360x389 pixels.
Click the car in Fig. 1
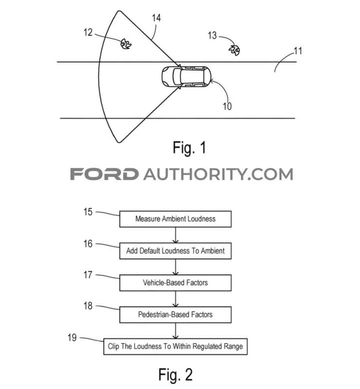pyautogui.click(x=186, y=76)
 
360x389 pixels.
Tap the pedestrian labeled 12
pyautogui.click(x=126, y=44)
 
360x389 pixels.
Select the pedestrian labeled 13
pyautogui.click(x=234, y=50)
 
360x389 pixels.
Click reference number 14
pyautogui.click(x=156, y=18)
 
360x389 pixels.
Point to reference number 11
pyautogui.click(x=298, y=51)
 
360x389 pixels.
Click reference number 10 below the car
pyautogui.click(x=227, y=106)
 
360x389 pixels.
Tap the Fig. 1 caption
pyautogui.click(x=189, y=148)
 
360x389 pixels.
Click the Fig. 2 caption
pyautogui.click(x=175, y=375)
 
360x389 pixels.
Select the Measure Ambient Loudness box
pyautogui.click(x=175, y=219)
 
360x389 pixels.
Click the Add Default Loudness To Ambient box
pyautogui.click(x=175, y=251)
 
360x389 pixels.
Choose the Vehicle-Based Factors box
pyautogui.click(x=175, y=282)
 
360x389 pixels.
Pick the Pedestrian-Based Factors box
pyautogui.click(x=175, y=314)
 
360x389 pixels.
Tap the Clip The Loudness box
pyautogui.click(x=175, y=346)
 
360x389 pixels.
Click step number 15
pyautogui.click(x=88, y=212)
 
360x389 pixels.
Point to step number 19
pyautogui.click(x=72, y=337)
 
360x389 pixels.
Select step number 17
pyautogui.click(x=88, y=275)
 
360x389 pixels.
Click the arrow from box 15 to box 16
pyautogui.click(x=175, y=235)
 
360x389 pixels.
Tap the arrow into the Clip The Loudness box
pyautogui.click(x=175, y=330)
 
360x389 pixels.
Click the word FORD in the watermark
pyautogui.click(x=104, y=174)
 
